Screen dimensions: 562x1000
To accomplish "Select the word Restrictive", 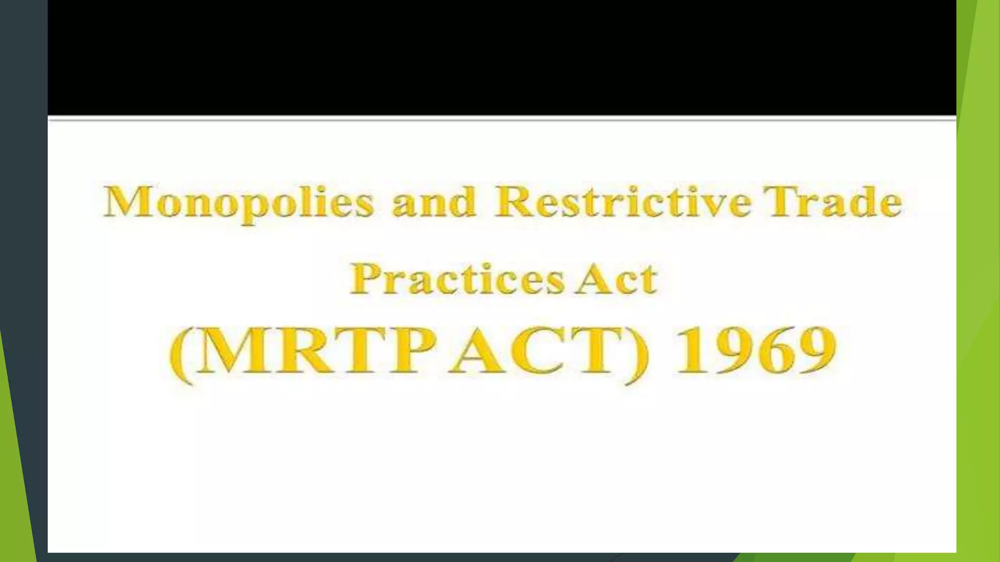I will (x=623, y=201).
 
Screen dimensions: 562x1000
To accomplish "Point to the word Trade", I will (x=833, y=201).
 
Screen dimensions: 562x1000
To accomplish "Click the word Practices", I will (x=457, y=279).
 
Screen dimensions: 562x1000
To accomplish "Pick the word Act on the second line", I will (x=616, y=279).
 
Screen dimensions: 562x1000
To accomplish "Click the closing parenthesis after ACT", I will (x=637, y=354).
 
